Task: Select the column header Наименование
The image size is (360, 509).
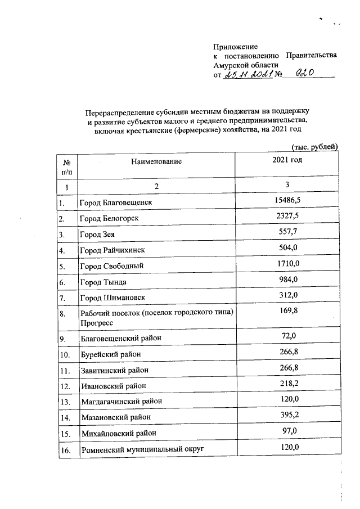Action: pos(156,161)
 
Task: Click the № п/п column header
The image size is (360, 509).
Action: pos(66,166)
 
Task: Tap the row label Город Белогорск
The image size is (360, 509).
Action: pos(109,218)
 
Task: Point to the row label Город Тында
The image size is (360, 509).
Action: pos(103,282)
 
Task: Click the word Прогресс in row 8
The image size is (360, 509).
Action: pos(97,323)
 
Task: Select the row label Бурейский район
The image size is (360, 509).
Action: pos(110,355)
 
